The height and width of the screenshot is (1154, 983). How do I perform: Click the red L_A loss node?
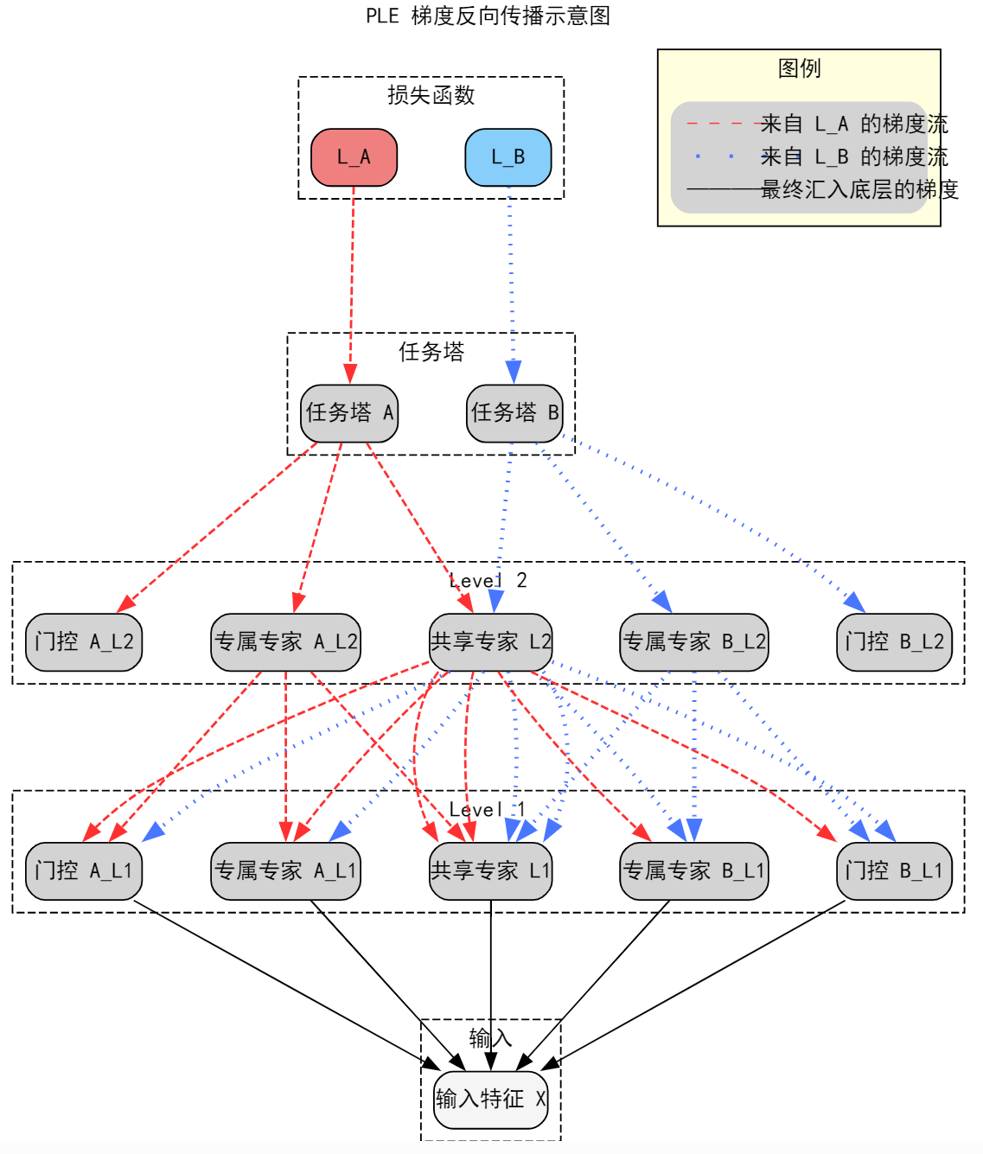pos(354,157)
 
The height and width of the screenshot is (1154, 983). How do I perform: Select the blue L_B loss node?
pos(508,157)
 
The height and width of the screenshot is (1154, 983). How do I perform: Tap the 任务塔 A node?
pos(349,413)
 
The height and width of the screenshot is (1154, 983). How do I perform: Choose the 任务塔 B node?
pos(514,413)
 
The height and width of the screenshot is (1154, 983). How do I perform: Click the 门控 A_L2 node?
pos(84,642)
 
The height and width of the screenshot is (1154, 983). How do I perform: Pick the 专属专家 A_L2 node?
pos(285,642)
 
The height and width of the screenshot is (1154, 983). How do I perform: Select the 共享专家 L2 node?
pos(490,642)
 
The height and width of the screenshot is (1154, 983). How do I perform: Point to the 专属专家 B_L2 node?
pos(693,642)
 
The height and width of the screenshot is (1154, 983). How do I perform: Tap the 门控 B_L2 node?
pos(894,642)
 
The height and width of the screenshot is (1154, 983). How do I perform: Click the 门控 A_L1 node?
pos(84,871)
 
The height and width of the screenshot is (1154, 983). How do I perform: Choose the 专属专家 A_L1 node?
pos(285,871)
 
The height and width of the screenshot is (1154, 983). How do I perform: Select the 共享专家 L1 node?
pos(490,871)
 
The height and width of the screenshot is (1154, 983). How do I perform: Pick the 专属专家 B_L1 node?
pos(693,871)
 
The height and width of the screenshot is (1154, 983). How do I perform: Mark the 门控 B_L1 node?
pos(894,871)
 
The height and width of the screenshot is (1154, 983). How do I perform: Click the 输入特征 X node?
pos(490,1100)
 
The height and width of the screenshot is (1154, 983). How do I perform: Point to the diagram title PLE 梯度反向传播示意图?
pos(488,16)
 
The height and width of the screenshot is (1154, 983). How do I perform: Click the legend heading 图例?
pos(799,68)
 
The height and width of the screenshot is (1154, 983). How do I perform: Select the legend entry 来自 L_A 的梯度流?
pos(853,124)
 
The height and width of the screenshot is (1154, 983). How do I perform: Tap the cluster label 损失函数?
pos(431,95)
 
